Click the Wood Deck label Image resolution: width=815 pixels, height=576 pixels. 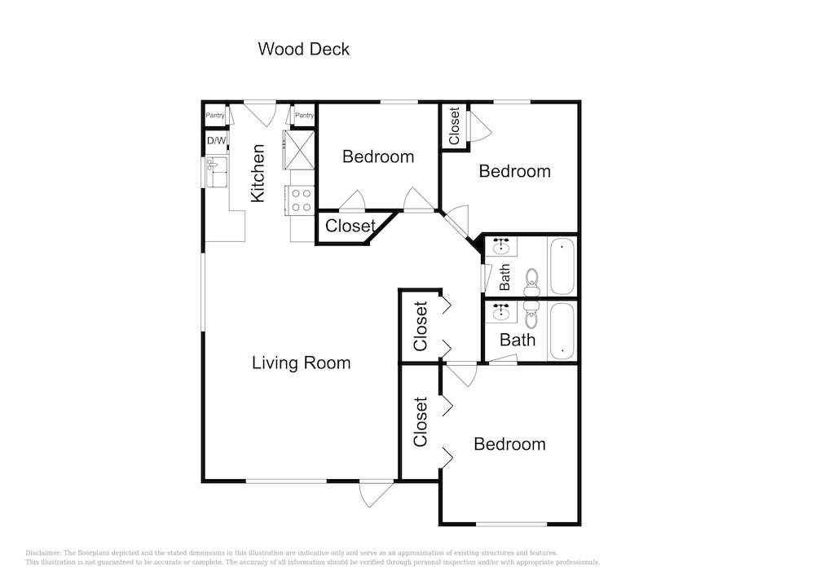[303, 49]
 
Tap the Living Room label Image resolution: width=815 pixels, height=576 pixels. [301, 363]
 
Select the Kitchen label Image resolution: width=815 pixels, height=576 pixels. [258, 173]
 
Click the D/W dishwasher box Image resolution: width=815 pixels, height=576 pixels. [217, 140]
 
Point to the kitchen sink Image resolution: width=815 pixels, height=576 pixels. [217, 171]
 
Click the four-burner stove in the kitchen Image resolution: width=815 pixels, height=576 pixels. [301, 200]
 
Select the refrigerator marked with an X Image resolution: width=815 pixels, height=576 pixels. [299, 150]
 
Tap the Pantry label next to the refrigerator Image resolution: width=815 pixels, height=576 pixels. [304, 116]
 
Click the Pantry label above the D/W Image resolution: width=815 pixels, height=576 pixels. [215, 116]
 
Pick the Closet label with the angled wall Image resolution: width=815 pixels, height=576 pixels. [350, 226]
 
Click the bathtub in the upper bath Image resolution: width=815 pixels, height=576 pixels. [562, 266]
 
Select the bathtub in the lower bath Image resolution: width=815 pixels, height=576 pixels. [562, 332]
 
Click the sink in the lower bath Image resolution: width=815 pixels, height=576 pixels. [501, 313]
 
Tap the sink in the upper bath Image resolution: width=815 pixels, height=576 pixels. [501, 246]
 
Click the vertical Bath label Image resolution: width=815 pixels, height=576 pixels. [504, 277]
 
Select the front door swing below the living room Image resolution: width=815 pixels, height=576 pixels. [375, 492]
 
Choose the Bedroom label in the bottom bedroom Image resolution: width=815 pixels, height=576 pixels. [509, 444]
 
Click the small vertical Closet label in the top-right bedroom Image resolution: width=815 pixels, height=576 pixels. [454, 125]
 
